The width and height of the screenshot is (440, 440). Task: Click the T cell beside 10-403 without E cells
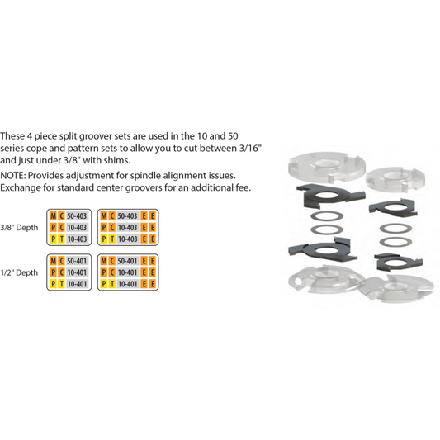tap(60, 239)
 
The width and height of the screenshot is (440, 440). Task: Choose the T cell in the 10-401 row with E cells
tap(111, 284)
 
